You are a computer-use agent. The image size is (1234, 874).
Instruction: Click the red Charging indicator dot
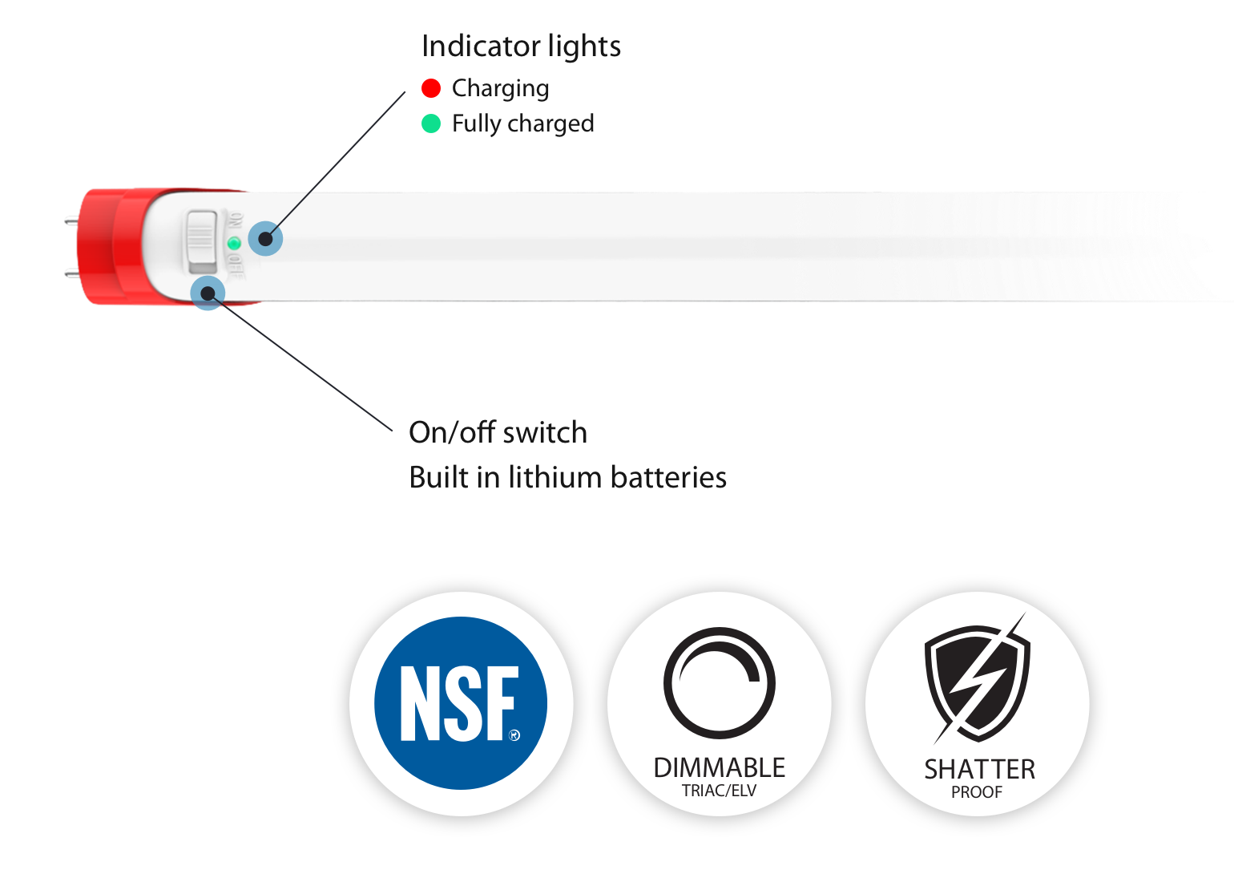click(431, 88)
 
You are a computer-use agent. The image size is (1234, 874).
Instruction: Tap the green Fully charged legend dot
click(431, 123)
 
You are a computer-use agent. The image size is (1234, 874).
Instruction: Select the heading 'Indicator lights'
click(521, 47)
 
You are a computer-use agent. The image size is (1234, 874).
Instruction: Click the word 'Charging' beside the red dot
click(501, 88)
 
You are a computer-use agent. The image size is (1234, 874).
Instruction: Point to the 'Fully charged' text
click(522, 123)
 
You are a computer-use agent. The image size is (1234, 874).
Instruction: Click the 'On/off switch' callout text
click(498, 433)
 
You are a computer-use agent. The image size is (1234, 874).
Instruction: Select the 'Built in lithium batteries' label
click(567, 477)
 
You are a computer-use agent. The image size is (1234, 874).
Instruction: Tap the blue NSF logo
click(461, 703)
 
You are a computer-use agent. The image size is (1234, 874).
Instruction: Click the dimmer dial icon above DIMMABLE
click(719, 682)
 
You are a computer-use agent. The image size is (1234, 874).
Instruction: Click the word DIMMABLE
click(719, 768)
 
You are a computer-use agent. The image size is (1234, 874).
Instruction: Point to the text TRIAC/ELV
click(719, 791)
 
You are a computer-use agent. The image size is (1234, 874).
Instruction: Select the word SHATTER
click(979, 770)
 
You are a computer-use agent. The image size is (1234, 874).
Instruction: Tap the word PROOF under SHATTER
click(977, 793)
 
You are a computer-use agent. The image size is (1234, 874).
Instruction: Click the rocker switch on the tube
click(202, 241)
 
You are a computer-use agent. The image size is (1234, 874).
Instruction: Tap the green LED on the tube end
click(234, 243)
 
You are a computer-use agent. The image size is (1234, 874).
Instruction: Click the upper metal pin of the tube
click(71, 220)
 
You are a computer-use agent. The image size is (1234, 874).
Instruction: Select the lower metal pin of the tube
click(71, 273)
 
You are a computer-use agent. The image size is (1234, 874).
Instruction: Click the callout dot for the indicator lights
click(265, 238)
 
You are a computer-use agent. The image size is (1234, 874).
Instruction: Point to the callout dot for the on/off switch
click(208, 293)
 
